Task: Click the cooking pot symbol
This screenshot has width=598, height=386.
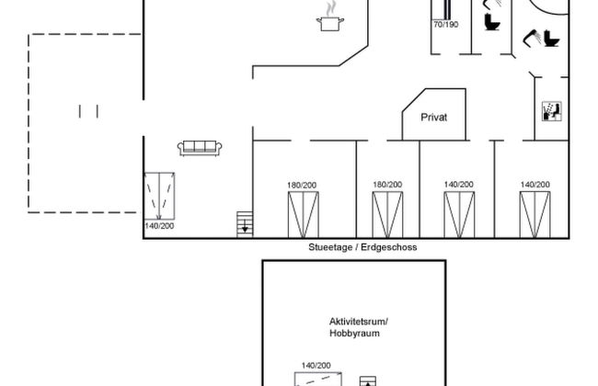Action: pos(330,24)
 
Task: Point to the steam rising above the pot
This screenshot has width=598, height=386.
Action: pos(331,8)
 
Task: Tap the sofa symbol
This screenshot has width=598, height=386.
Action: pos(200,148)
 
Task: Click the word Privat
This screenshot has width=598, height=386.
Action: pos(433,118)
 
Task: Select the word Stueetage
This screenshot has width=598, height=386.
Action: pos(330,247)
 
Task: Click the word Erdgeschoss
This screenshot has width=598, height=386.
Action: pos(388,247)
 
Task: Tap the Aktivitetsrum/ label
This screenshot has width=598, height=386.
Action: pos(359,322)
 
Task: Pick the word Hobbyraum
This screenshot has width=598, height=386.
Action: pos(354,334)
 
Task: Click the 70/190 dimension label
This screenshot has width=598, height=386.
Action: pos(445,25)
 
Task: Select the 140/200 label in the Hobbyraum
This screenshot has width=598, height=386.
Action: pos(316,366)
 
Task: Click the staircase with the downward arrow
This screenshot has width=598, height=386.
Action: pos(245,224)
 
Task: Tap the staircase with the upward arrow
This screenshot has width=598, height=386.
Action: pos(368,381)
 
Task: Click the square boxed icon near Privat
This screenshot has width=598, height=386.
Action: pos(551,111)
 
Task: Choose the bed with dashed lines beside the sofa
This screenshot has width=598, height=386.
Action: pos(159,197)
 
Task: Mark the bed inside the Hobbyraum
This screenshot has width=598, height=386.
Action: pos(317,380)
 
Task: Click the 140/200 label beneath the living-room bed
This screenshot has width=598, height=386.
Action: pos(159,226)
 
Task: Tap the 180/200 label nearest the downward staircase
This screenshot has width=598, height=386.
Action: pos(302,186)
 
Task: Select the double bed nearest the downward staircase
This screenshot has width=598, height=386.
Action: pos(304,215)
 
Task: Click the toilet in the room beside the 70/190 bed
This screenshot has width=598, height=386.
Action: pos(492,22)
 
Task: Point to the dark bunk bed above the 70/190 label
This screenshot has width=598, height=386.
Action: pos(447,9)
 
